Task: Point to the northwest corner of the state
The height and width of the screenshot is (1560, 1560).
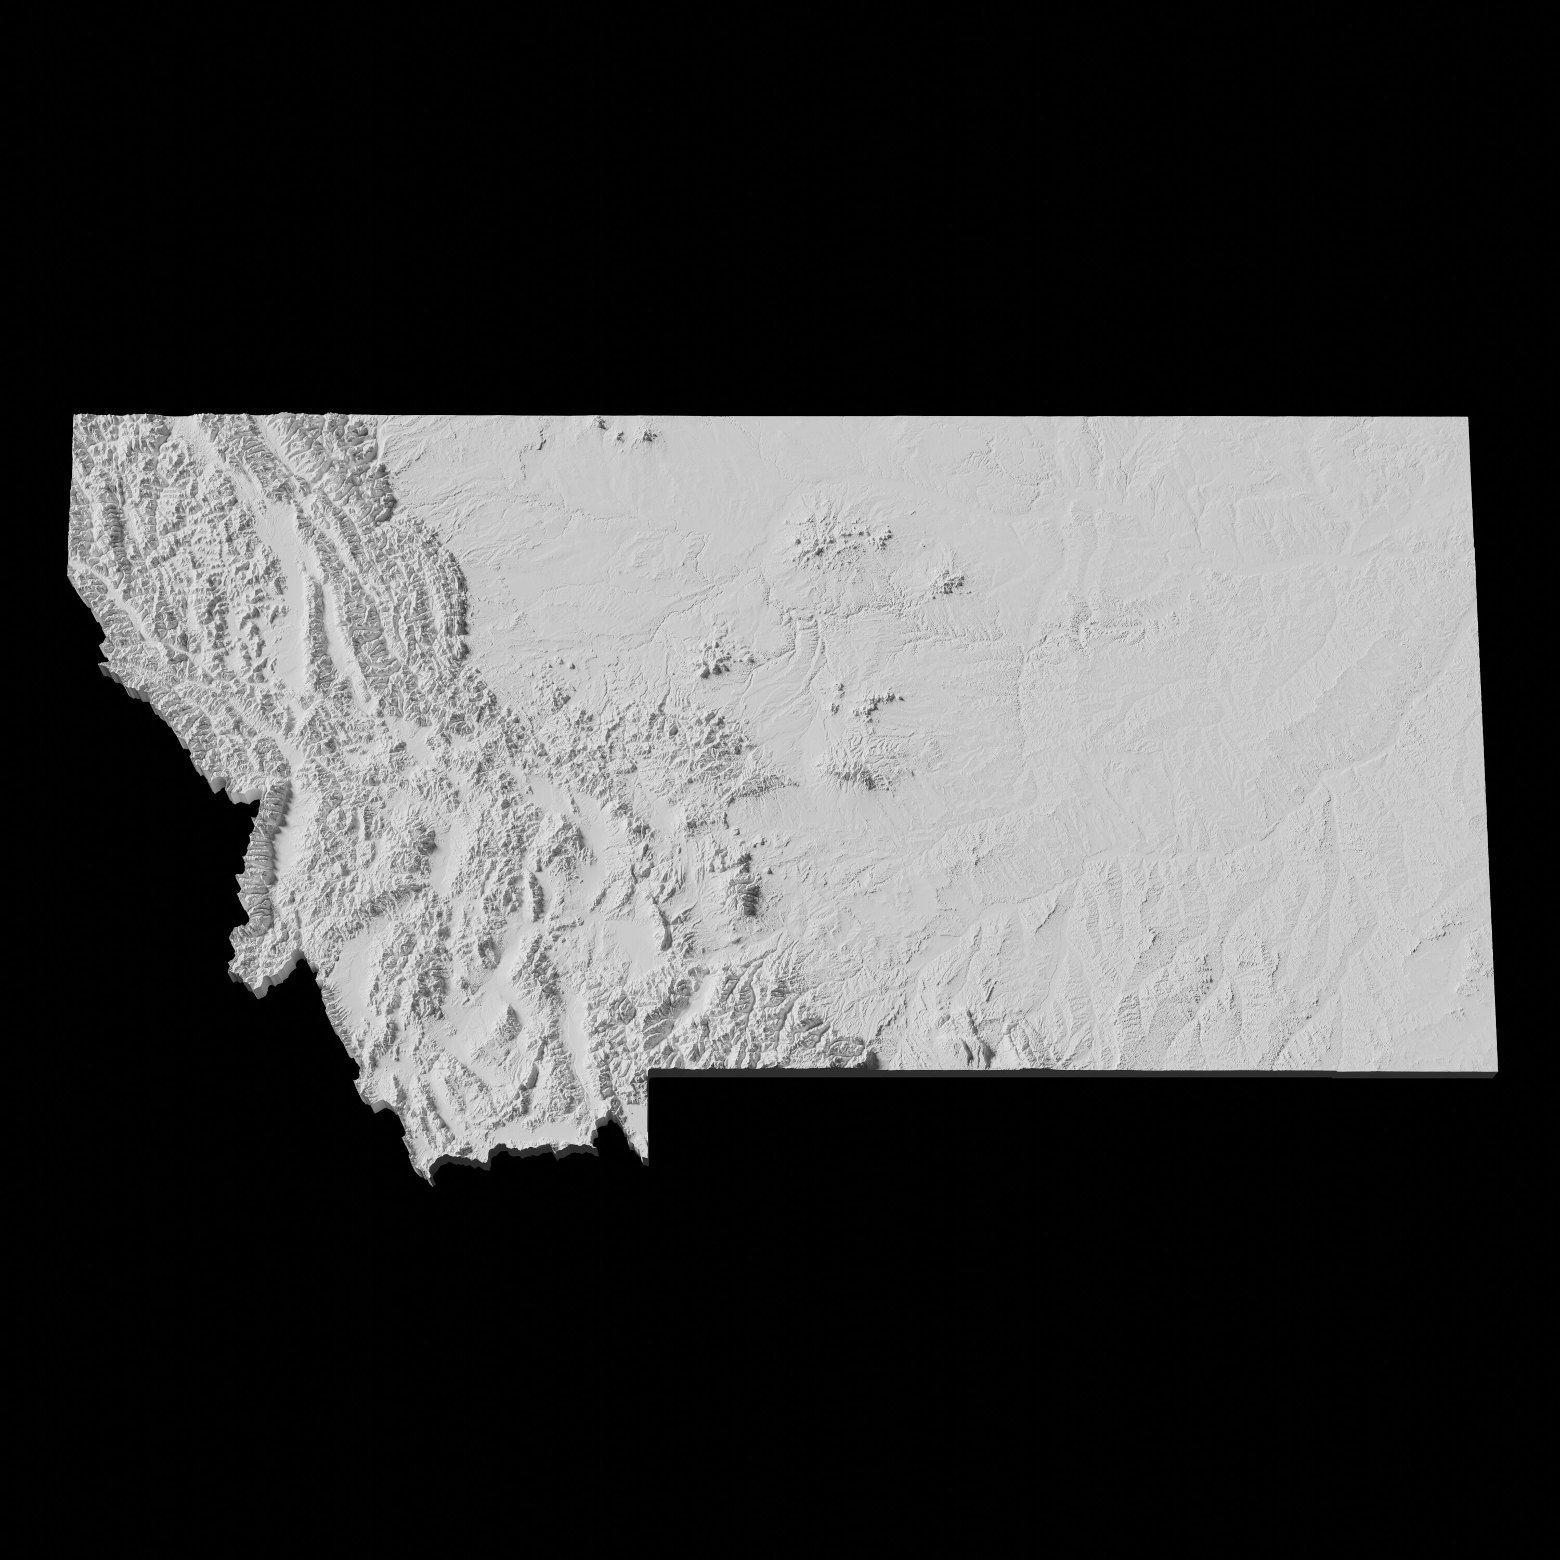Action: pyautogui.click(x=74, y=416)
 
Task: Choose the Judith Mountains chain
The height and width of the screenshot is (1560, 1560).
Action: pyautogui.click(x=872, y=710)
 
